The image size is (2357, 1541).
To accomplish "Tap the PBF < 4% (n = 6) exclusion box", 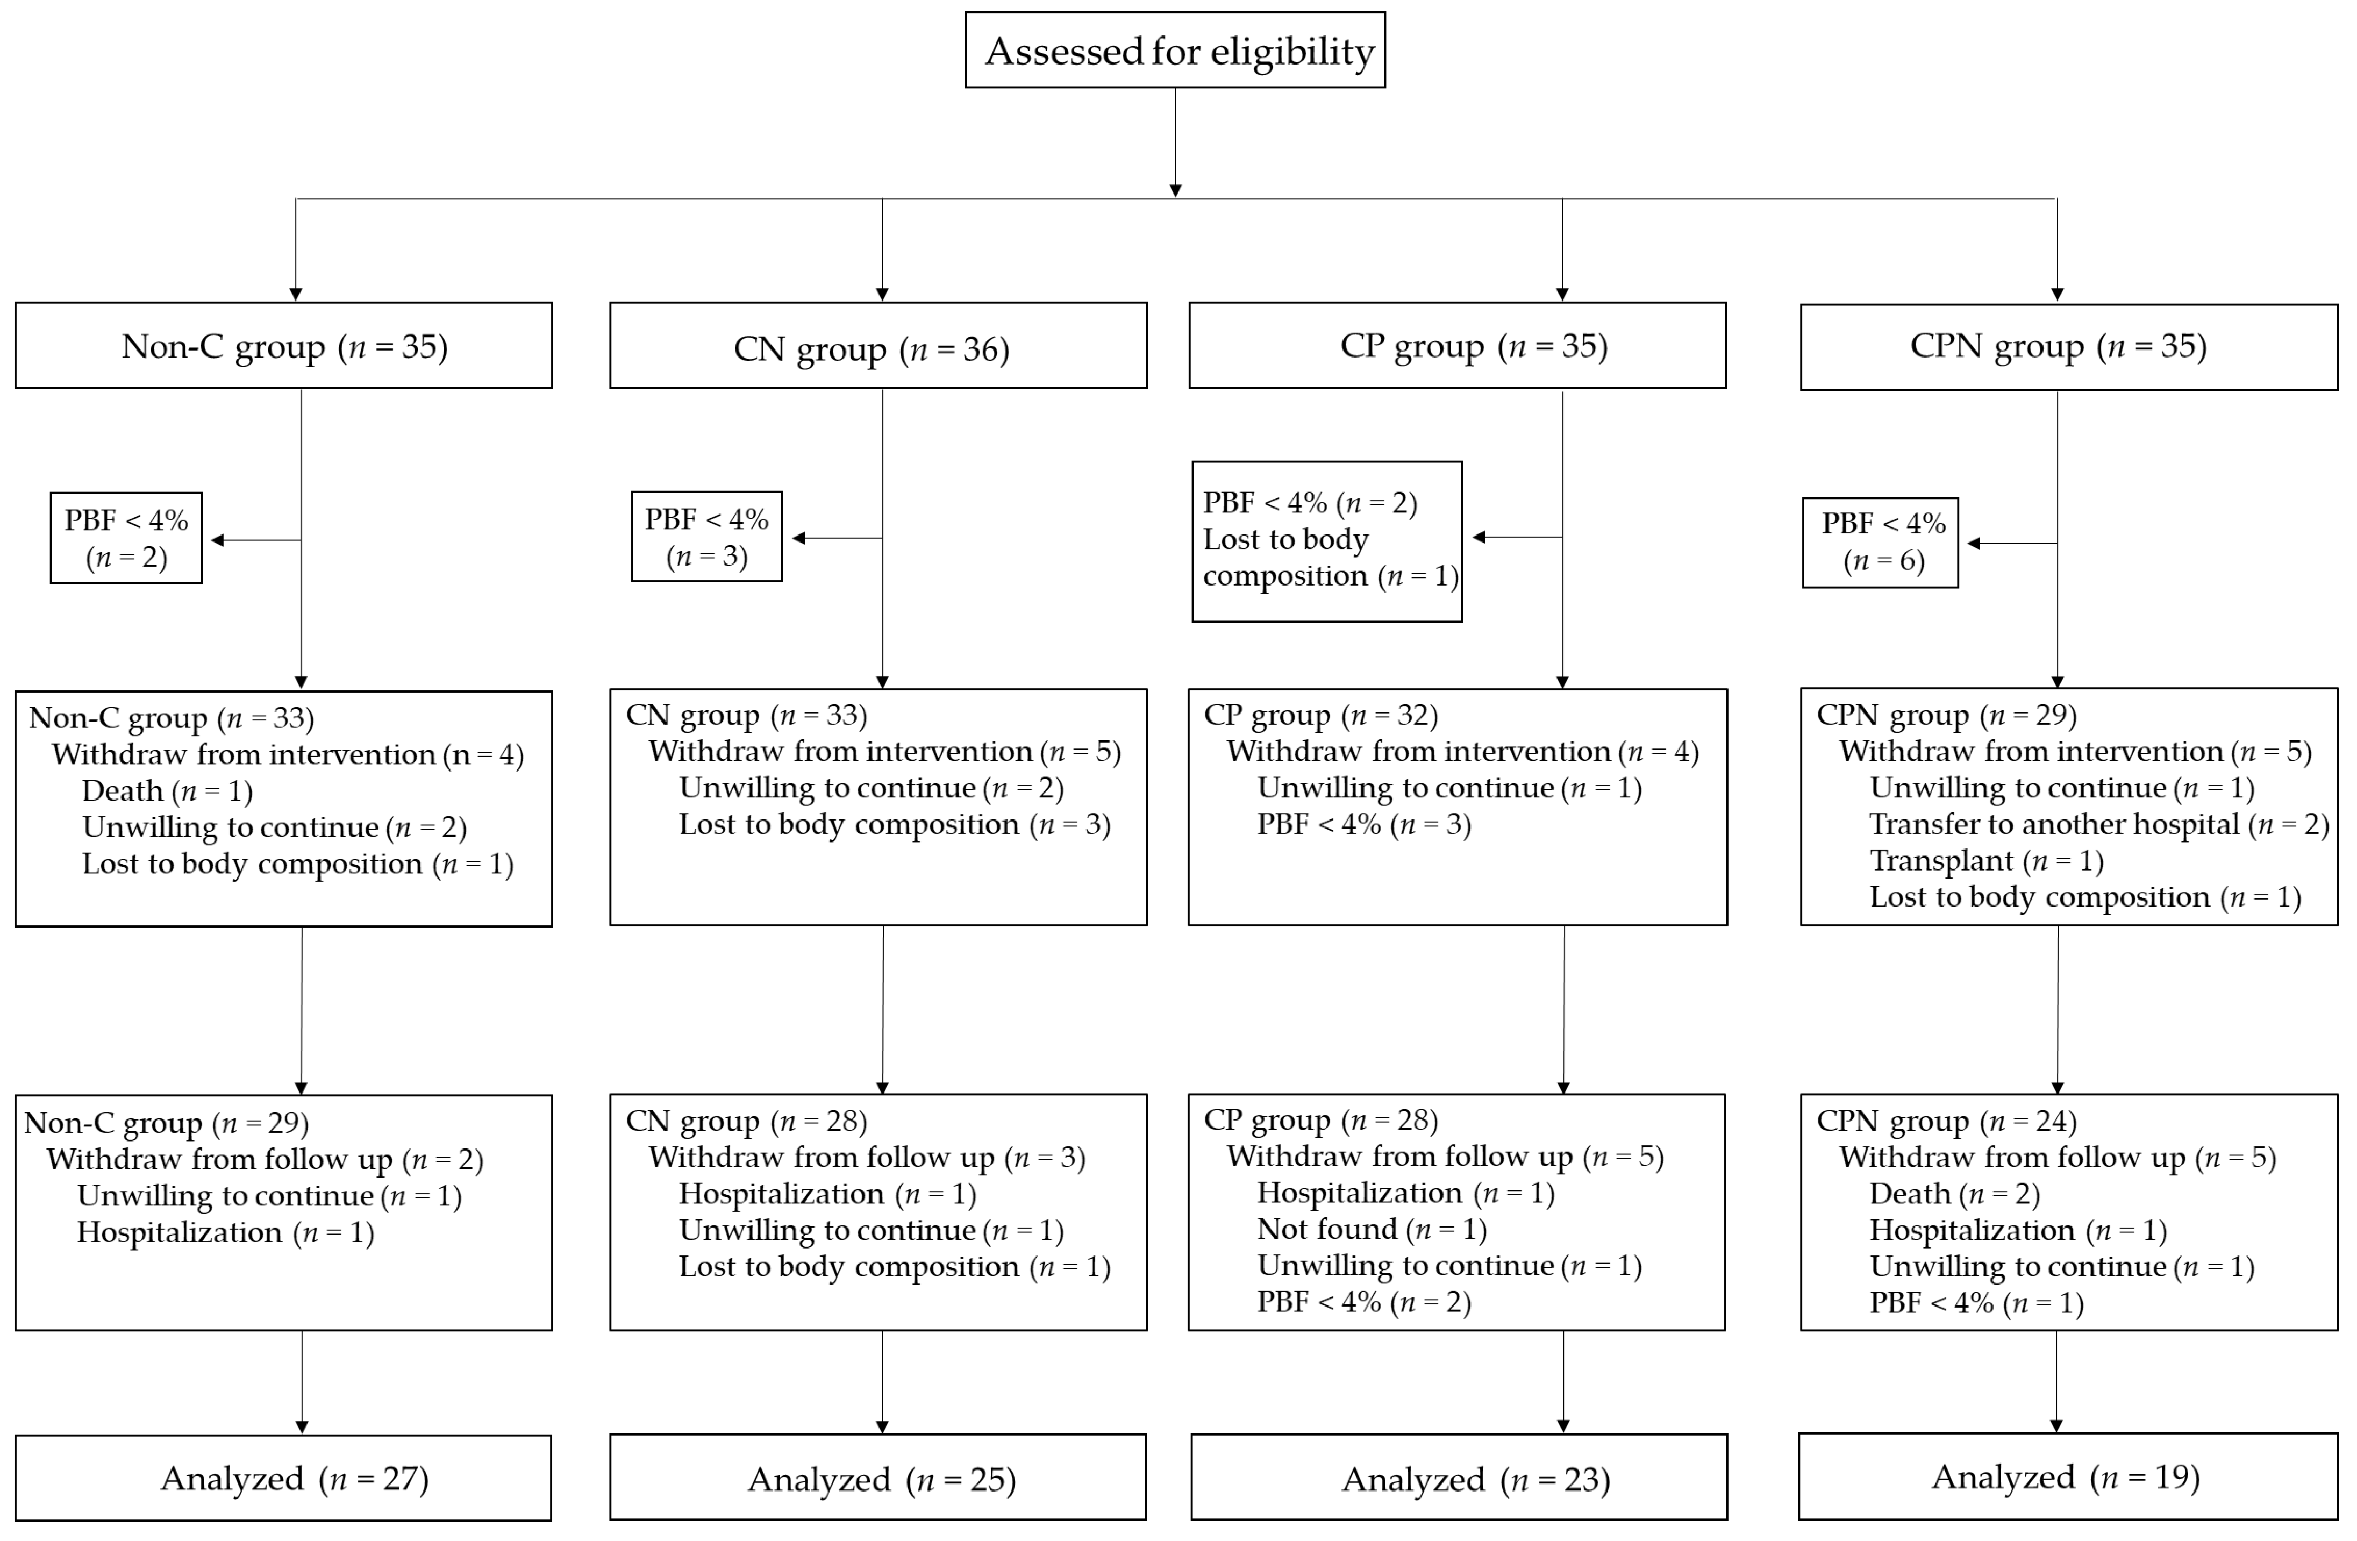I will coord(1880,542).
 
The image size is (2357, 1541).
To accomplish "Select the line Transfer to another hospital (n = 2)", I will coord(2097,824).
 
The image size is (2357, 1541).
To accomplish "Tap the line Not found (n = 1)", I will coord(1372,1229).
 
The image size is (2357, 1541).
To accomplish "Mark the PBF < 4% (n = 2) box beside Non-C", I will coord(127,538).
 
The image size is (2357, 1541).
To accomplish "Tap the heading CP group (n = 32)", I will coord(1320,715).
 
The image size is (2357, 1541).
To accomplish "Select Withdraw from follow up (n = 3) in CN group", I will coord(867,1157).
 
